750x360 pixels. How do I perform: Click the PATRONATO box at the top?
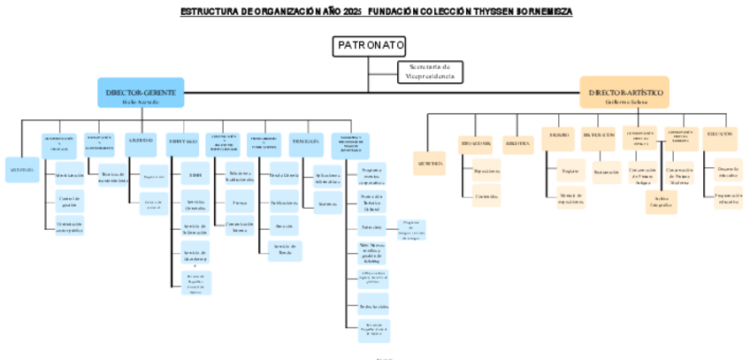tap(370, 46)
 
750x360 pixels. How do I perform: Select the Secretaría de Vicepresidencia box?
tap(430, 72)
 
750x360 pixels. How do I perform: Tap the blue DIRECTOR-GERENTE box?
tap(141, 94)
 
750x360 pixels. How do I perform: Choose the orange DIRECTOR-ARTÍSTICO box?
tap(624, 94)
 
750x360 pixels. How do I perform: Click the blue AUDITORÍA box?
tap(21, 168)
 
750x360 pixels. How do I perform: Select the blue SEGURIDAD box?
tap(142, 141)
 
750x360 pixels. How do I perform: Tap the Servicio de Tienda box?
tap(284, 250)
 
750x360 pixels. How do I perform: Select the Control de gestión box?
tap(70, 201)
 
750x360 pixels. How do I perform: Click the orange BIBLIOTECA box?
tap(517, 142)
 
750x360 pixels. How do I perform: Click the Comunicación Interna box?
tap(240, 226)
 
